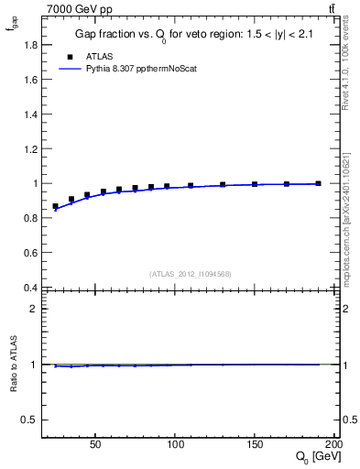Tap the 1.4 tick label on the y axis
29,114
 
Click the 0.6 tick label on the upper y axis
29,253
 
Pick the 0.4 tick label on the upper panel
29,288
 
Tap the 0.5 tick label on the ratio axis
29,420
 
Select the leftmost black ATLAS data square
55,207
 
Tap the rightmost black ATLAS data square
318,183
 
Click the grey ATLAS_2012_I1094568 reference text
191,274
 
